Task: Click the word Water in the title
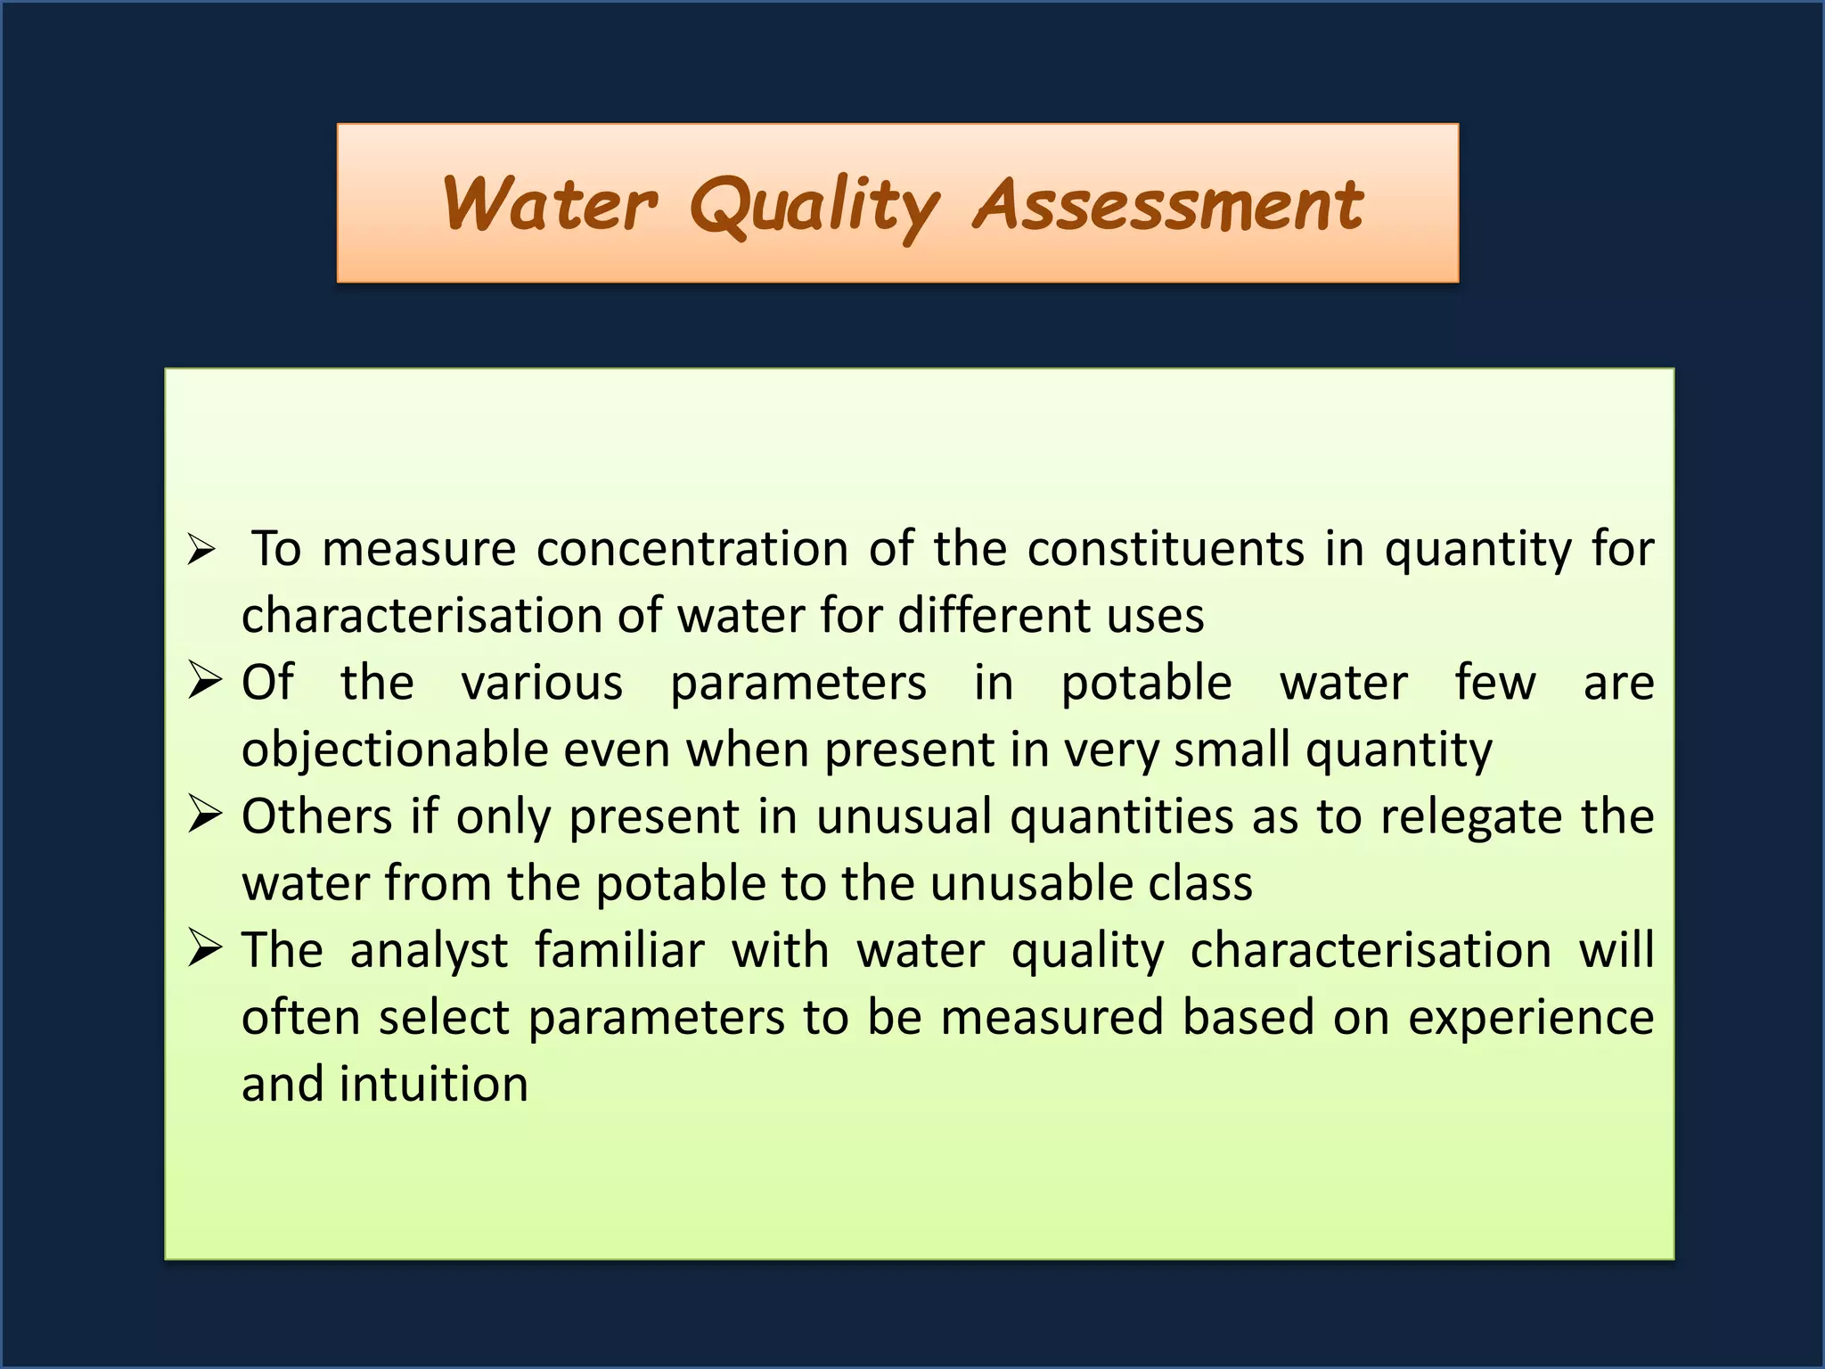point(550,204)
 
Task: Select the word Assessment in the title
point(1168,204)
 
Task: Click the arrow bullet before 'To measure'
point(201,549)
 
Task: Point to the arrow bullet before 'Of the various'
point(204,683)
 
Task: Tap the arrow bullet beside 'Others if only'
point(204,816)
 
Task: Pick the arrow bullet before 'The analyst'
point(204,949)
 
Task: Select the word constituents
point(1166,548)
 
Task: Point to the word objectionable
point(395,750)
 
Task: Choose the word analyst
point(429,951)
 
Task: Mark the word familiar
point(619,950)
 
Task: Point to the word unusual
point(904,816)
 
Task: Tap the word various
point(542,683)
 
